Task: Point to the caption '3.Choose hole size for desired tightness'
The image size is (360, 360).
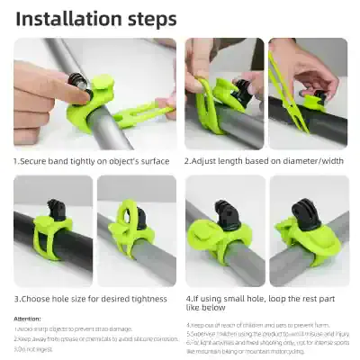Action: click(90, 298)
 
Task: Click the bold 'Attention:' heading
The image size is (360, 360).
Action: click(27, 319)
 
